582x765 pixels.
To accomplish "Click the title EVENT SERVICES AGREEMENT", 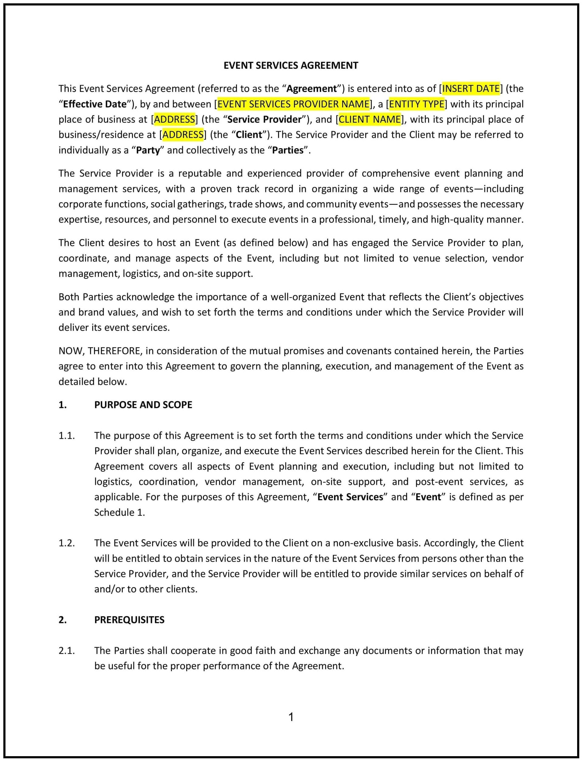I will (291, 65).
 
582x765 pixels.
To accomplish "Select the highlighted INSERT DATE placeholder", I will (471, 89).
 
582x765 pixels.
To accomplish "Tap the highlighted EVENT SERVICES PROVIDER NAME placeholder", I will (293, 104).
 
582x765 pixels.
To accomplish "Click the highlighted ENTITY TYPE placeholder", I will (416, 104).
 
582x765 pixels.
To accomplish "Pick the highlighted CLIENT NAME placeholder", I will (369, 120).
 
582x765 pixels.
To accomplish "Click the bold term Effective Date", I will (95, 104).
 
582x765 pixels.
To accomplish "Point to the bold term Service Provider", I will (264, 120).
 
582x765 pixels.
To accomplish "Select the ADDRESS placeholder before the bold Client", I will (183, 135).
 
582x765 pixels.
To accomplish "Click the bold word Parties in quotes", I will (288, 150).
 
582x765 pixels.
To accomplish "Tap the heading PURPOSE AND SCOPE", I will (143, 405).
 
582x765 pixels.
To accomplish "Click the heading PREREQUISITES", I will (129, 620).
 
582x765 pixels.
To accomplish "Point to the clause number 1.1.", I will (67, 435).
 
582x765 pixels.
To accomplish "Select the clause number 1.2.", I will (67, 543).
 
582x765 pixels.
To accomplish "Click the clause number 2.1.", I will (67, 651).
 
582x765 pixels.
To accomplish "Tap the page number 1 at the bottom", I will (291, 717).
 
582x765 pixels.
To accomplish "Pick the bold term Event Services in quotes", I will (350, 497).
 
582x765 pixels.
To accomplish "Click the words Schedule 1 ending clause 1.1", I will (119, 512).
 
